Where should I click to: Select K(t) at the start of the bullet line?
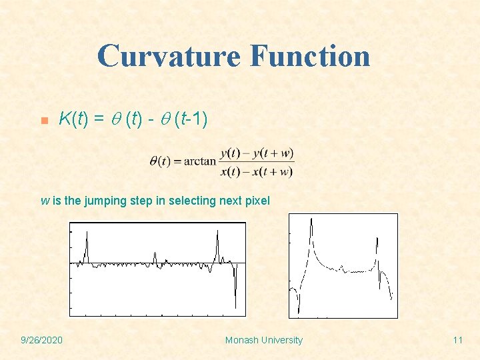point(73,119)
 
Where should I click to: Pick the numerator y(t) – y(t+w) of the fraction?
point(257,153)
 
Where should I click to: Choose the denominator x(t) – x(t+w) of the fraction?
point(257,171)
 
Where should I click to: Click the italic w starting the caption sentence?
point(45,201)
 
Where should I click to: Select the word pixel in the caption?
point(257,201)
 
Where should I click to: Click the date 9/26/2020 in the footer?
point(41,340)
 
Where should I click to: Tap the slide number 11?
point(457,340)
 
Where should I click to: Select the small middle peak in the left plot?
point(155,256)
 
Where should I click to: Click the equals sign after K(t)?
point(98,119)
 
